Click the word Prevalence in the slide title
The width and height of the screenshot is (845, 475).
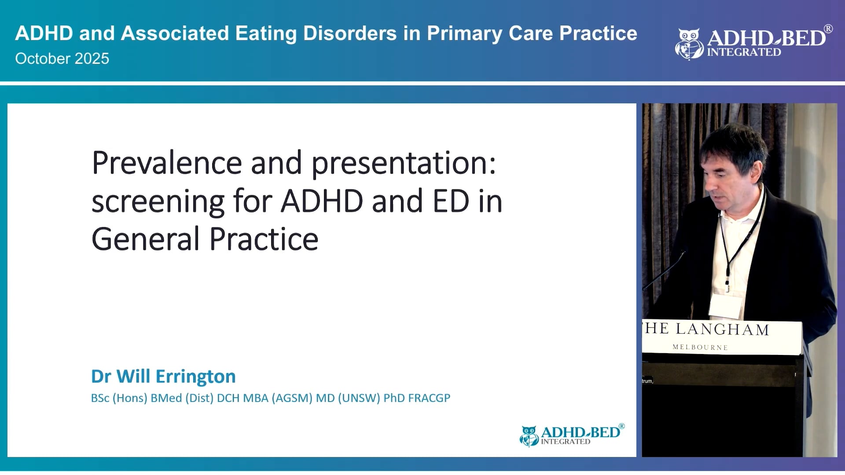[x=166, y=163]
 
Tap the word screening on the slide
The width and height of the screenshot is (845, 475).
[x=158, y=201]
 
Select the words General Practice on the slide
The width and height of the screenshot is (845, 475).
[x=205, y=239]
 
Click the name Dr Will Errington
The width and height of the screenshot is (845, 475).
[x=163, y=376]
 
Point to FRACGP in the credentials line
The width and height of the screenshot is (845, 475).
[x=429, y=398]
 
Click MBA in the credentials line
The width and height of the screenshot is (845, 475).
[x=255, y=398]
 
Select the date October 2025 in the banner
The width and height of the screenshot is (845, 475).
[x=62, y=58]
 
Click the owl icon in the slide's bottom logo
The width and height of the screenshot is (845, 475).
[x=529, y=435]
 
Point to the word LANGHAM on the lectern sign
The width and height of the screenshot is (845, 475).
[x=722, y=329]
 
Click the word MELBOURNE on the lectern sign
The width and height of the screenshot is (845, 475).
[x=700, y=347]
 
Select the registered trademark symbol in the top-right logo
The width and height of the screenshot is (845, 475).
[x=828, y=29]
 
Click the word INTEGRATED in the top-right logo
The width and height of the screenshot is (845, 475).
[x=744, y=52]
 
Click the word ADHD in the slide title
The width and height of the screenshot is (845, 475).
[x=322, y=201]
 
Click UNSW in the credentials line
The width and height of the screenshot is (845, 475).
[x=359, y=398]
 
